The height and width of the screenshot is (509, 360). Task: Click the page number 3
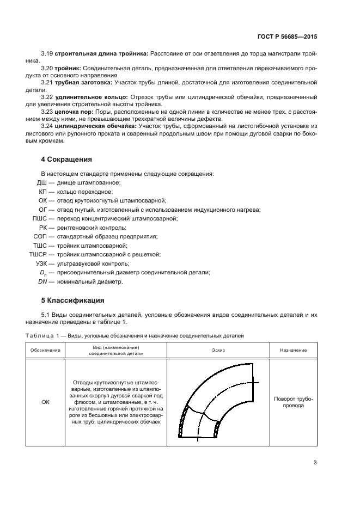coord(315,463)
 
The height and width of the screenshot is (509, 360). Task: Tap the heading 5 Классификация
coord(72,300)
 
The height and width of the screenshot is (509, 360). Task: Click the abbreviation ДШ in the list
coord(41,182)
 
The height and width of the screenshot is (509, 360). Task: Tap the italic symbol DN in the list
coord(42,281)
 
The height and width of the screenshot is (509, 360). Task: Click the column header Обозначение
coord(45,350)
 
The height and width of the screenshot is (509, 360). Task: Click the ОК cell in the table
coord(45,402)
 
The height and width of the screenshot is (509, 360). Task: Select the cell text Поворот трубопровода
coord(294,402)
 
